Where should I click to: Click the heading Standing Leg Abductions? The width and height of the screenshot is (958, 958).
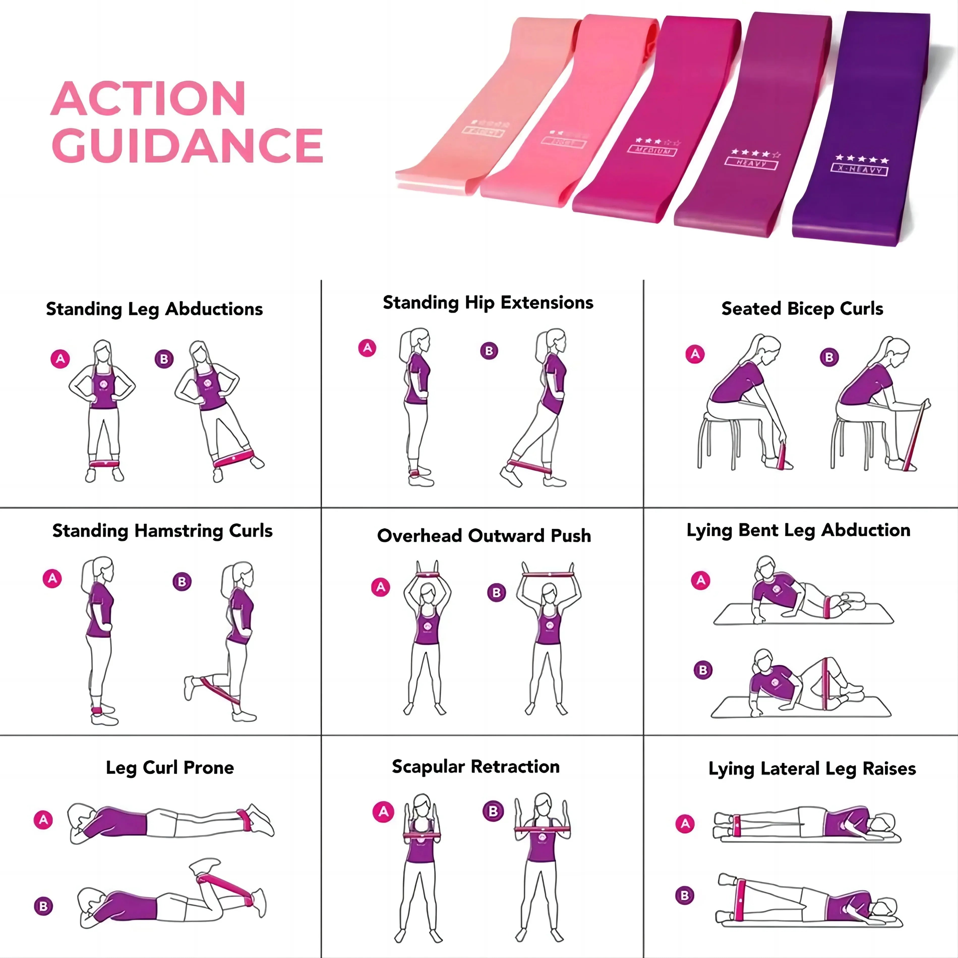click(154, 309)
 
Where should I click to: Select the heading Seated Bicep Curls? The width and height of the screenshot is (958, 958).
click(802, 308)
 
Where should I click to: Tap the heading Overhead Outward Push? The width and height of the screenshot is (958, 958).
click(484, 535)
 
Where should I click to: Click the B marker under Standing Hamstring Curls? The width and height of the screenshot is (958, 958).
click(182, 581)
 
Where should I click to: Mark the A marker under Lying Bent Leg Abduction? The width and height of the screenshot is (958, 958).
click(701, 580)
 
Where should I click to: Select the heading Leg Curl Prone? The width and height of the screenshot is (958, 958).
click(170, 767)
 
